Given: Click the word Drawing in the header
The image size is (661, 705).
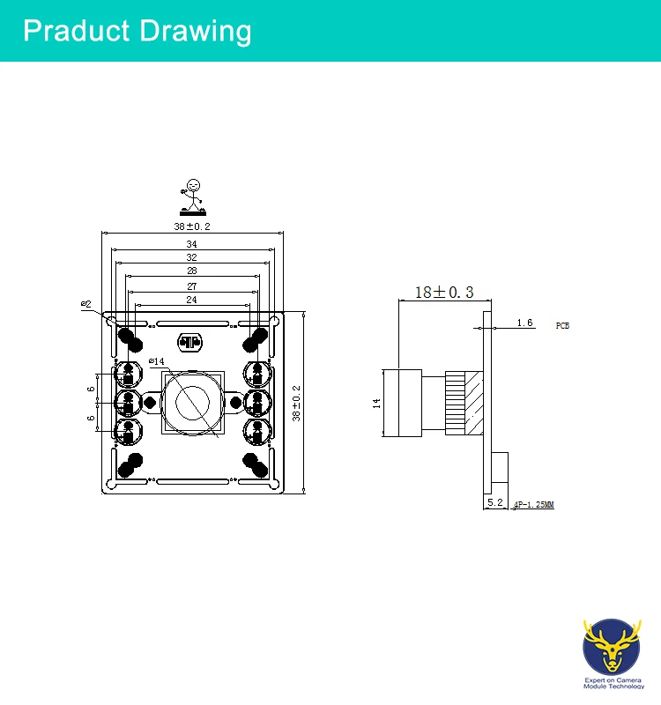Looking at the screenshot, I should click(x=193, y=31).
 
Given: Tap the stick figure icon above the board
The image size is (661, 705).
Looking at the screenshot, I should click(x=193, y=197).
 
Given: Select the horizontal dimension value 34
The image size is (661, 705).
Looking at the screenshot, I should click(x=191, y=244).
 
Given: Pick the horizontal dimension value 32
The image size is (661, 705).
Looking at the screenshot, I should click(x=191, y=257).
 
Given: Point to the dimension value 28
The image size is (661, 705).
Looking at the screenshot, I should click(x=191, y=271).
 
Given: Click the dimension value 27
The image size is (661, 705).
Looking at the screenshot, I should click(x=191, y=286).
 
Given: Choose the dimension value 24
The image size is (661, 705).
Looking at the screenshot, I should click(x=191, y=301).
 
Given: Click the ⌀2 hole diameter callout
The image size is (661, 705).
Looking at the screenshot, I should click(x=85, y=304).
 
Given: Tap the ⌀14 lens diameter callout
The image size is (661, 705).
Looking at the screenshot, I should click(x=156, y=361).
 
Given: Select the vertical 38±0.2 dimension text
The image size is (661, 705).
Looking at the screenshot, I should click(x=297, y=403).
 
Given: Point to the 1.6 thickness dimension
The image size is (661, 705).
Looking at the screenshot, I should click(x=524, y=323).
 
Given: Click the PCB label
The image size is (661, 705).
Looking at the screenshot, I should click(x=562, y=325).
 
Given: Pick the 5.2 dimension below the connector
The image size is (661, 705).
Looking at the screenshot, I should click(x=494, y=503).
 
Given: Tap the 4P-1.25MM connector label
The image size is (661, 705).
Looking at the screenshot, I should click(x=533, y=505).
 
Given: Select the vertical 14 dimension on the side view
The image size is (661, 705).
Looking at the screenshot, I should click(x=376, y=403).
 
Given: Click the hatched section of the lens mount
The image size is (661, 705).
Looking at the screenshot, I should click(x=474, y=403).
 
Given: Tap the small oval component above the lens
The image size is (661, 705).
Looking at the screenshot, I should click(x=190, y=342).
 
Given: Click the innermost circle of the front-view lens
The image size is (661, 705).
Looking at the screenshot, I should click(x=191, y=403).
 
